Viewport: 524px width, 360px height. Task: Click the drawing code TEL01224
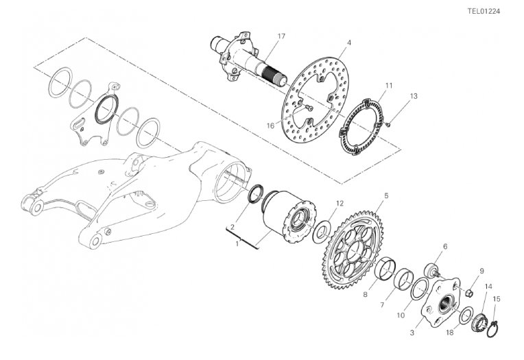tap(484, 12)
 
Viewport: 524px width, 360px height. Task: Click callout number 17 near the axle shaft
tap(281, 36)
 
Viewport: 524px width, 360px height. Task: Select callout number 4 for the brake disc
tap(349, 43)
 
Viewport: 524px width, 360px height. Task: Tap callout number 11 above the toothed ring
tap(388, 86)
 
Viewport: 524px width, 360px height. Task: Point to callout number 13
tap(414, 96)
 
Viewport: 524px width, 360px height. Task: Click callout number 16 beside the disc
tap(270, 125)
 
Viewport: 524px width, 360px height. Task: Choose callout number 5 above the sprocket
tap(386, 195)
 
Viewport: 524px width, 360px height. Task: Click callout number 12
tap(340, 203)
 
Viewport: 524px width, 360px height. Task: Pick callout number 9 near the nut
tap(481, 271)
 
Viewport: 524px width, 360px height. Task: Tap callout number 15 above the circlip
tap(497, 299)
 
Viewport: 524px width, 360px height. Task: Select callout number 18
tap(450, 333)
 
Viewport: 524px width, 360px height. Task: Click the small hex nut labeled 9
tap(470, 293)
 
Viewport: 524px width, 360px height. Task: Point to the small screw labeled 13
tap(388, 125)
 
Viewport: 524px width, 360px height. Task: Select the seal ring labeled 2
tap(256, 193)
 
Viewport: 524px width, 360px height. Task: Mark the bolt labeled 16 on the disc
tap(309, 108)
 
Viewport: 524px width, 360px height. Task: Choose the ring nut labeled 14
tap(479, 322)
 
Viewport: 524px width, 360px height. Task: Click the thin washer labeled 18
tap(466, 315)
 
